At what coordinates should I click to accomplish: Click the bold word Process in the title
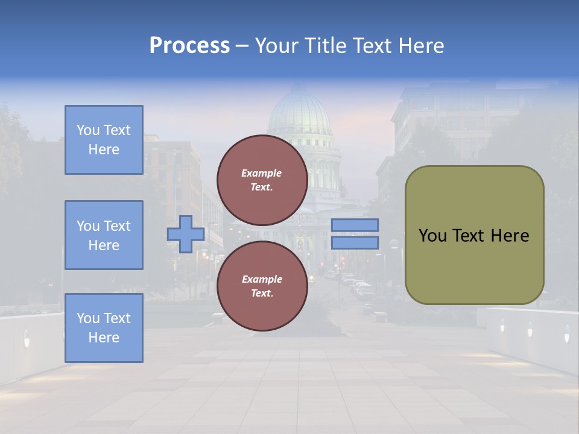[x=189, y=46]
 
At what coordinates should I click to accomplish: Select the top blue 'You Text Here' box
[x=104, y=140]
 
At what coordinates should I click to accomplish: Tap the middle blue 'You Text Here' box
[x=104, y=235]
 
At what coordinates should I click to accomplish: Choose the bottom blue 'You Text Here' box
[x=104, y=328]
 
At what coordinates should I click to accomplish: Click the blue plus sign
[x=186, y=234]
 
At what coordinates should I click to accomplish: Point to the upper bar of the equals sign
[x=355, y=225]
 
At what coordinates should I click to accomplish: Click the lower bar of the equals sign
[x=355, y=242]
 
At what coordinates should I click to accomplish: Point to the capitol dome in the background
[x=300, y=112]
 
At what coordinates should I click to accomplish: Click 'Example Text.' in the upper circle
[x=262, y=180]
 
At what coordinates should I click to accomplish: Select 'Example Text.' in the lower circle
[x=262, y=286]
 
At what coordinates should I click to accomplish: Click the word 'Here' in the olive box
[x=510, y=236]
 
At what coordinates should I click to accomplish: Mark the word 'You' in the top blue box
[x=88, y=130]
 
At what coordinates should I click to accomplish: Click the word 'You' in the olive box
[x=432, y=236]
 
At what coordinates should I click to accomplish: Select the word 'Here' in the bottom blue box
[x=104, y=338]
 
